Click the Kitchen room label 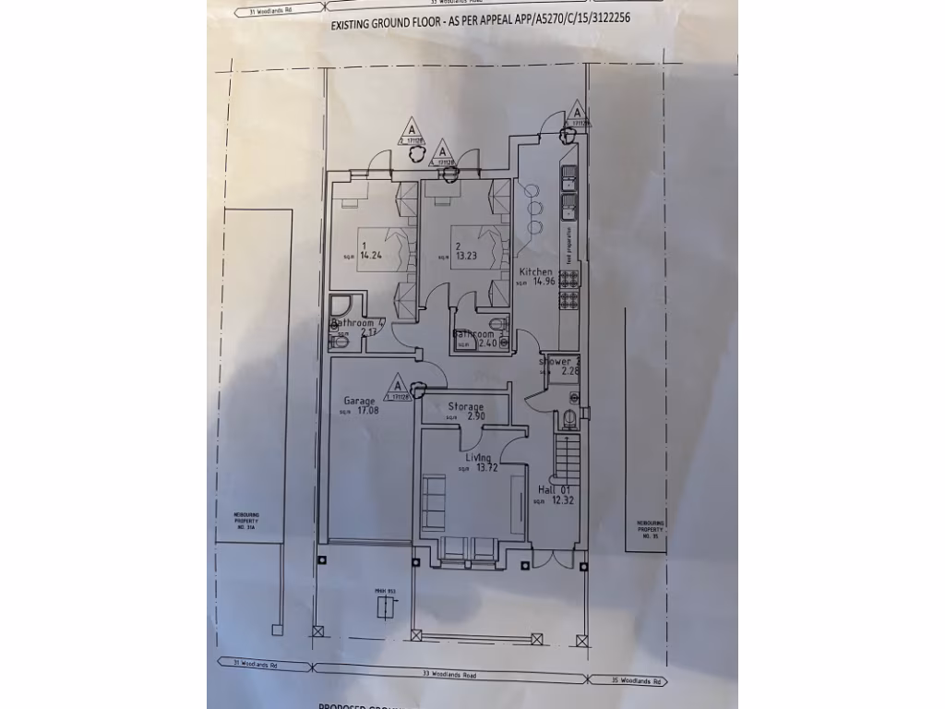tap(535, 271)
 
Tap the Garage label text tap(359, 401)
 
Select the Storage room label tap(466, 406)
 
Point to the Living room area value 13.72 tap(487, 468)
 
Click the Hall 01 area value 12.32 tap(563, 500)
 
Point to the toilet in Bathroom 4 tap(340, 342)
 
